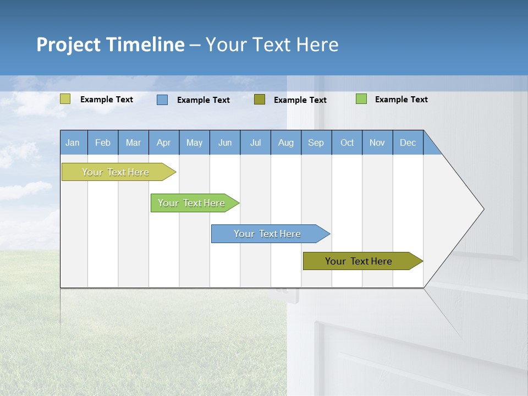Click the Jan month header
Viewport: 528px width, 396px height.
(73, 142)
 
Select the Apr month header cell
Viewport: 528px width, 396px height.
(163, 142)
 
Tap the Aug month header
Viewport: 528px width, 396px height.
(285, 142)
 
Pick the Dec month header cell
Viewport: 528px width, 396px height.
(408, 142)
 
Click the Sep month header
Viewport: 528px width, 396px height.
(316, 142)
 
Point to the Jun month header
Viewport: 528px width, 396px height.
(224, 142)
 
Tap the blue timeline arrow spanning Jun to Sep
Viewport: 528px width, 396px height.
(268, 234)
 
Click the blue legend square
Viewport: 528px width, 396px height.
(162, 100)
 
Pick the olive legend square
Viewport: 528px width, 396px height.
(260, 99)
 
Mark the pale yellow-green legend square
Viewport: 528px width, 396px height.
(65, 98)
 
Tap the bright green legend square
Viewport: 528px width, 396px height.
(361, 99)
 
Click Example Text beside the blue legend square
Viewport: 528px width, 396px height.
(203, 100)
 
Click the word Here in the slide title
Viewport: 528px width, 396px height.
(317, 45)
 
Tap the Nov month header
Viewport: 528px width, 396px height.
(377, 142)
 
